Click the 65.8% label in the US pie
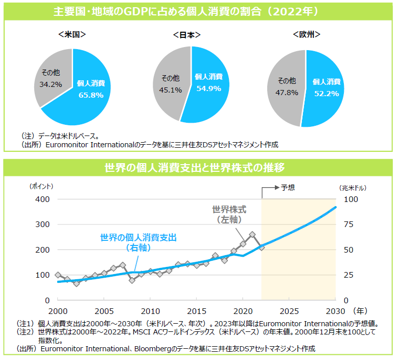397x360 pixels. click(91, 95)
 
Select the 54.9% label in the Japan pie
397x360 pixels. click(208, 88)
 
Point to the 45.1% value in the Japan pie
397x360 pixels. click(171, 90)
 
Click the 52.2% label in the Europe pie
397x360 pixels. click(326, 93)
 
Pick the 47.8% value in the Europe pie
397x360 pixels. click(287, 93)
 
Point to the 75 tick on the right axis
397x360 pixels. click(348, 224)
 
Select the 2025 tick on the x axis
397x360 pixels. click(289, 311)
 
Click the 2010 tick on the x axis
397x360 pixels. click(150, 311)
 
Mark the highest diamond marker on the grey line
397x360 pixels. click(252, 235)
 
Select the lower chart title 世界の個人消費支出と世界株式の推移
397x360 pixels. click(198, 167)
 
